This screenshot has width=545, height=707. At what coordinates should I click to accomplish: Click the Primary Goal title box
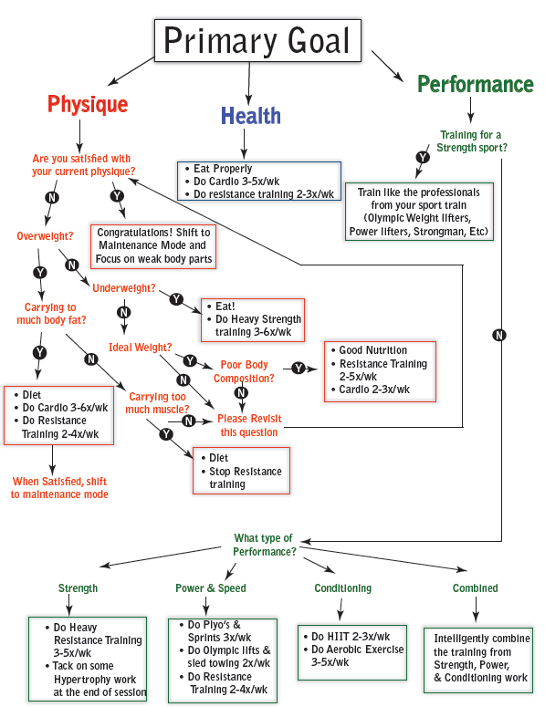coord(257,40)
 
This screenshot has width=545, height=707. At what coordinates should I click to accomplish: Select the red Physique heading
coord(88,105)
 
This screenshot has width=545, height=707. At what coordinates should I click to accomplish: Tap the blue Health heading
coord(251,116)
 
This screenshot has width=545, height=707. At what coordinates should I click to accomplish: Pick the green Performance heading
coord(476,84)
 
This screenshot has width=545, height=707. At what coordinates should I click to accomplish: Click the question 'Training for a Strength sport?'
coord(471,141)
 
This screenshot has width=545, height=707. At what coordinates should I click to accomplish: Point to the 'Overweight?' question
coord(45,236)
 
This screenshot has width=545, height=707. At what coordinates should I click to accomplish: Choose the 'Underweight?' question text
coord(124,288)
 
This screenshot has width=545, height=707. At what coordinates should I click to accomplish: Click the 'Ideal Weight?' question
coord(141,348)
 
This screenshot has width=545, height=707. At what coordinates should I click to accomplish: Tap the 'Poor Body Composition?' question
coord(244,371)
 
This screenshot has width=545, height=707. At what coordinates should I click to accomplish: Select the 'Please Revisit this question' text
coord(249,425)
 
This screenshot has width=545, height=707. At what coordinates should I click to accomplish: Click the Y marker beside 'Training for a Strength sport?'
coord(423,157)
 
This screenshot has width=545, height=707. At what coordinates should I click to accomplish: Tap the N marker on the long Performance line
coord(499,335)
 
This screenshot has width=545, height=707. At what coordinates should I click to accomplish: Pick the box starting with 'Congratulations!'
coord(153,246)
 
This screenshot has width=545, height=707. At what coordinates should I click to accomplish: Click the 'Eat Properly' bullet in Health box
coord(219,169)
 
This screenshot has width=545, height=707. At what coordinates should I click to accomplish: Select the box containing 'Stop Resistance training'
coord(241,471)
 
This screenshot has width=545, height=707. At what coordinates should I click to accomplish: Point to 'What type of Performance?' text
coord(265,545)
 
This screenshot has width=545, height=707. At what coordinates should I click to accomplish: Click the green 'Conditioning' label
coord(343,588)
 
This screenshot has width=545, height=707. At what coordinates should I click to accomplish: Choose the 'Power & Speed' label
coord(211,588)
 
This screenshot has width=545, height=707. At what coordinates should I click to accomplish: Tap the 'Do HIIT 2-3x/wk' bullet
coord(347,636)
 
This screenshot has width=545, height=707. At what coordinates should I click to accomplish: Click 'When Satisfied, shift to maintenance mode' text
coord(59,488)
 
